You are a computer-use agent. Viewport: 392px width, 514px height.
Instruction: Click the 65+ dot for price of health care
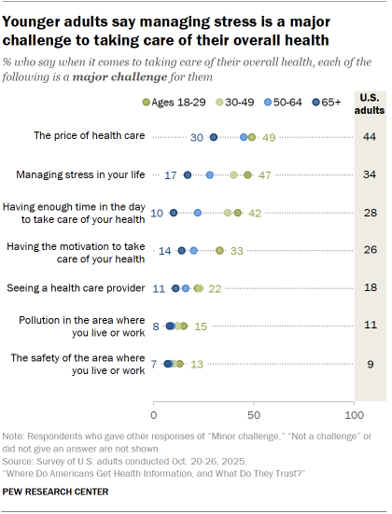coord(214,137)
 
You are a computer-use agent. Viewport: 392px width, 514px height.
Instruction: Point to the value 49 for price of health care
coord(267,137)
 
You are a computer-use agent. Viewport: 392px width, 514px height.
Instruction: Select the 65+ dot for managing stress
coord(188,174)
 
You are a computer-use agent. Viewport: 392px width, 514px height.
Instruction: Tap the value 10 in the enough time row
coord(159,213)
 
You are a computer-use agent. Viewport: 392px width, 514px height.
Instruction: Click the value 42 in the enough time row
coord(253,213)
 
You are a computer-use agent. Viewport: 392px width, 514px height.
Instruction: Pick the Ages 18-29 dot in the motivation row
coord(219,250)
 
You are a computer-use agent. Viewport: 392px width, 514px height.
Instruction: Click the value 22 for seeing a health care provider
coord(214,288)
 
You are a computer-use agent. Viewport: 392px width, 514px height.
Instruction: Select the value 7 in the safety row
coord(154,364)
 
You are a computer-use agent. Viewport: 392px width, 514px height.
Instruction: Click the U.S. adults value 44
coord(371,137)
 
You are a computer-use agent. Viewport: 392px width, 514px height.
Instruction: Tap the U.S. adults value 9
coord(371,364)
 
